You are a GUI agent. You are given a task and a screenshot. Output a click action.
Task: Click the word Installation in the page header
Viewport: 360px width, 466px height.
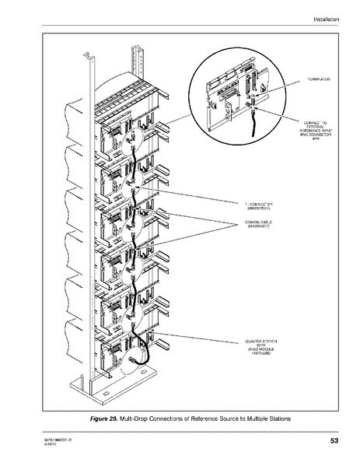[x=326, y=19]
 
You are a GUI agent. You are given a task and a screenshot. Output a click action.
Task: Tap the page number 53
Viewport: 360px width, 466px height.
[x=334, y=442]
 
